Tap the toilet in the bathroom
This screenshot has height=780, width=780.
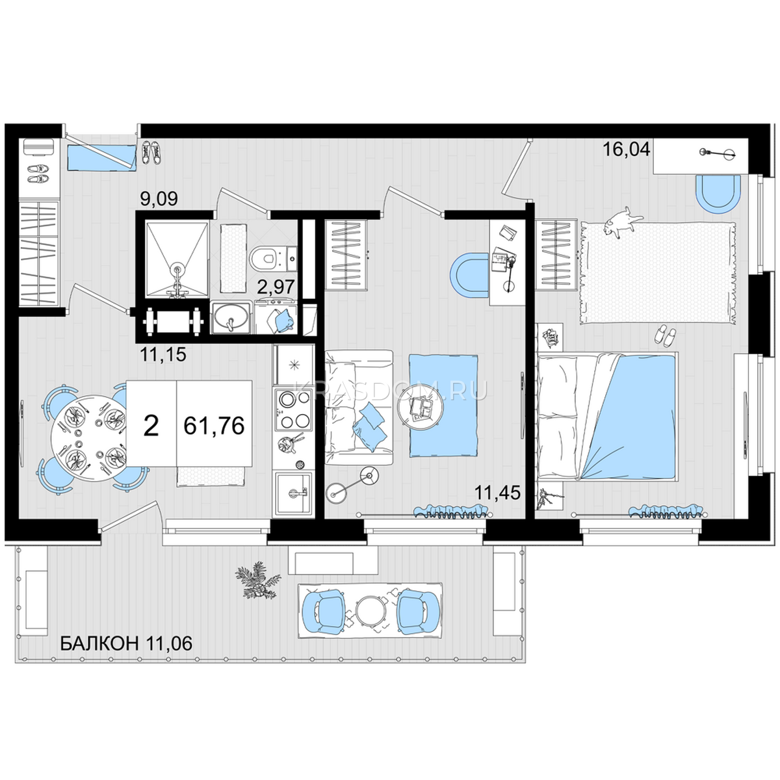pyautogui.click(x=267, y=257)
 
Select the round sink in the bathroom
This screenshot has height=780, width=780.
pyautogui.click(x=230, y=318)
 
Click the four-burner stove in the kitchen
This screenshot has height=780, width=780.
pyautogui.click(x=293, y=409)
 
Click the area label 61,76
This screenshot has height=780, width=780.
pyautogui.click(x=214, y=425)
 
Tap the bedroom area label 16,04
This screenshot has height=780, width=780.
pyautogui.click(x=626, y=149)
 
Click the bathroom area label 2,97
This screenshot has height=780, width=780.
pyautogui.click(x=276, y=287)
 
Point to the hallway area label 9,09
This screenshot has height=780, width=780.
pyautogui.click(x=159, y=199)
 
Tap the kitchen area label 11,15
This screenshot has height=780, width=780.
pyautogui.click(x=162, y=355)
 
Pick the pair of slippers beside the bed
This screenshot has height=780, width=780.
pyautogui.click(x=665, y=335)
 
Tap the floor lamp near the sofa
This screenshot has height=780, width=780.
pyautogui.click(x=352, y=485)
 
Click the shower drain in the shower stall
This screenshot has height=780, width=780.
pyautogui.click(x=177, y=268)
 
